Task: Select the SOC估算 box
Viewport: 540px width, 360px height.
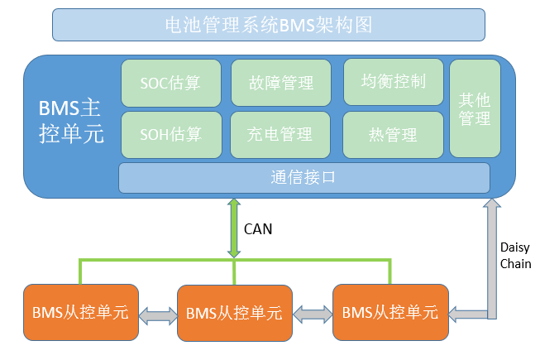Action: pos(170,82)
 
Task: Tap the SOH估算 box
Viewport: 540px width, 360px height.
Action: pos(170,133)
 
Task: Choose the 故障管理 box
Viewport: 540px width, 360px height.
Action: pos(280,82)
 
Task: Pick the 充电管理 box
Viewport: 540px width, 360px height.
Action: pos(280,133)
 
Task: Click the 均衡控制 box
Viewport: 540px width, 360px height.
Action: pos(394,81)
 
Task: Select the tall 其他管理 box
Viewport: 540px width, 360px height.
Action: pos(475,108)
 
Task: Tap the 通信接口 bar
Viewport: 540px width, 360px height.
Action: pos(303,177)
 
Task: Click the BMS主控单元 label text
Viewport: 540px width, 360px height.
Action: pos(71,121)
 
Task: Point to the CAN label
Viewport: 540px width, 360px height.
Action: pos(258,228)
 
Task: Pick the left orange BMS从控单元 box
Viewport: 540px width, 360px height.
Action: pos(80,312)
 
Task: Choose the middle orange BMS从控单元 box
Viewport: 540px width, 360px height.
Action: pos(234,314)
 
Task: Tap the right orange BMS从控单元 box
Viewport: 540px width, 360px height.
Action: pos(389,312)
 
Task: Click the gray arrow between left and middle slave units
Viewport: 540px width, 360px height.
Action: pos(157,314)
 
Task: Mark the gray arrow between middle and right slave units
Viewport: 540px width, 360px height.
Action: pos(312,314)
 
